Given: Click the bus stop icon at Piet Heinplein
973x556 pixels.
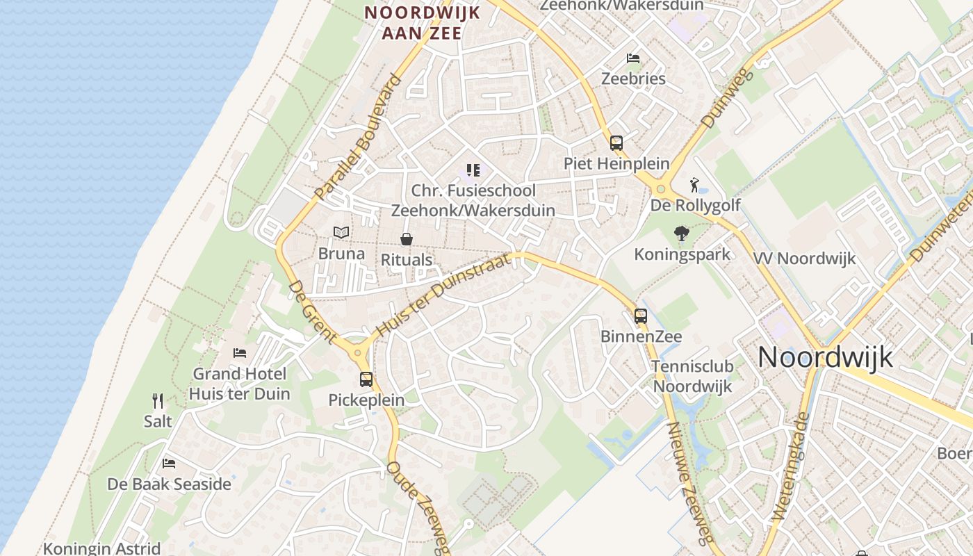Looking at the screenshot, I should (616, 143).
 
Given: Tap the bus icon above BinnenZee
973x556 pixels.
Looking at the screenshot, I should (641, 316).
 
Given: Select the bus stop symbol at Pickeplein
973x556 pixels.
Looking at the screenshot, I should (366, 379).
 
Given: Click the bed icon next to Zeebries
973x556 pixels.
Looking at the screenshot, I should (632, 58).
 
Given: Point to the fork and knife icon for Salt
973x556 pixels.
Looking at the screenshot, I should (158, 401).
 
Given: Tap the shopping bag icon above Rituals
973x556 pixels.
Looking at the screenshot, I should (407, 240).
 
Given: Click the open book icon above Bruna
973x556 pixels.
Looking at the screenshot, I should (341, 233).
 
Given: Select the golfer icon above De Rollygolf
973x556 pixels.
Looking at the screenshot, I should (694, 185).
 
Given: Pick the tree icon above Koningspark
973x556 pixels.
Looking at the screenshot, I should (682, 234).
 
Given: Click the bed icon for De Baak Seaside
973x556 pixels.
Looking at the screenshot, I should (168, 464).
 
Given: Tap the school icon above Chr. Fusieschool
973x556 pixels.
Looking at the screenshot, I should (473, 170).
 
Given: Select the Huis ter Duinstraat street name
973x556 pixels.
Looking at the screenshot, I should (443, 295).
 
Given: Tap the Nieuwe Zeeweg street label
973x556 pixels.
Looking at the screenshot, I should (690, 482).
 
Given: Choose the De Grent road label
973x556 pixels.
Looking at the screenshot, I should (312, 311).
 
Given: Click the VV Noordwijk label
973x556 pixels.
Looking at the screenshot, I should (805, 259).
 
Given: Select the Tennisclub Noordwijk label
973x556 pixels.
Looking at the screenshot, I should (693, 377).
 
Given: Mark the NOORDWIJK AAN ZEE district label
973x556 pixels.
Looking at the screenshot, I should (422, 22).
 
